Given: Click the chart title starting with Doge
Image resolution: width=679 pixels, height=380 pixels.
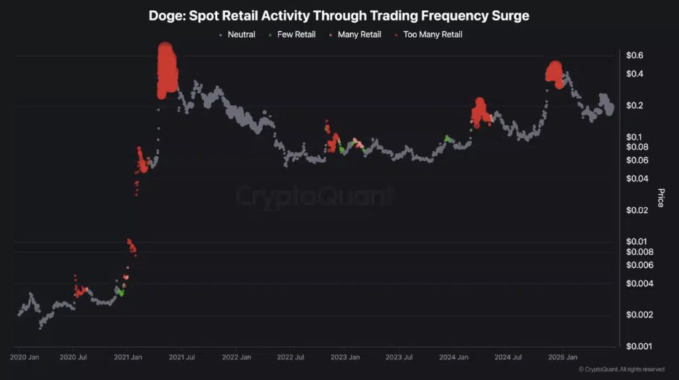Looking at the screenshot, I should coord(339,15).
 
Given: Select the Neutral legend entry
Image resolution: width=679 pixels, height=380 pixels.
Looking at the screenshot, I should coord(241,34).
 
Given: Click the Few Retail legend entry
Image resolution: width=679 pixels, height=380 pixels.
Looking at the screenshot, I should coord(296,34).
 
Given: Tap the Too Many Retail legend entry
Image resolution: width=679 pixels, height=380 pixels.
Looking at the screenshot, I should coord(432,34).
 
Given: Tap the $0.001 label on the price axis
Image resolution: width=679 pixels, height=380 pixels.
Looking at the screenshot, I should coord(640,346).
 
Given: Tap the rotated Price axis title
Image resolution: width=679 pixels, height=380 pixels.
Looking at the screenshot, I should coord(660,197).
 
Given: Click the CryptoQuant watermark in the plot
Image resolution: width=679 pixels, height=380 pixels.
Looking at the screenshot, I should coord(315,196).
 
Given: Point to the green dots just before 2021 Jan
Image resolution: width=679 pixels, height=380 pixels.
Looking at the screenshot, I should coord(120,291).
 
